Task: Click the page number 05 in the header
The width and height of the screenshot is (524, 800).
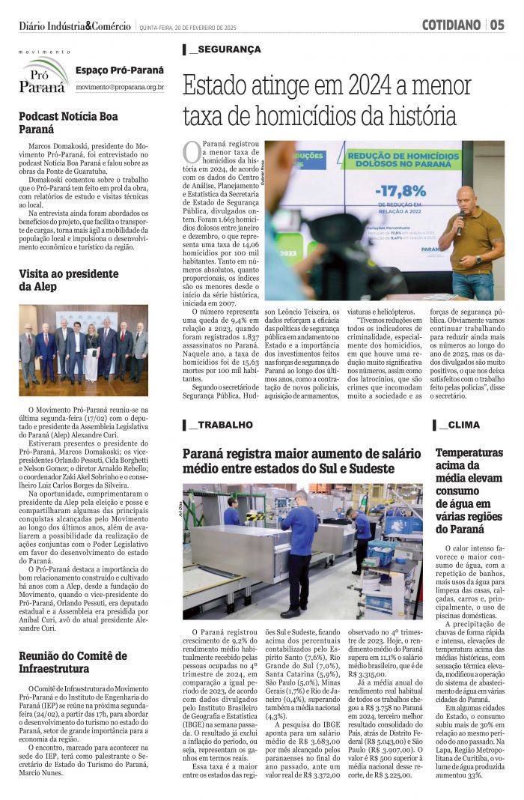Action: (498, 25)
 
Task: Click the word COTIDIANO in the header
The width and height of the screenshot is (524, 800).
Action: (451, 25)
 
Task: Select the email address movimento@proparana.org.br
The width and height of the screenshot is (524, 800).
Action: (120, 88)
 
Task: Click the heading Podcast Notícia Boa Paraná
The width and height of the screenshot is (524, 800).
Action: (68, 123)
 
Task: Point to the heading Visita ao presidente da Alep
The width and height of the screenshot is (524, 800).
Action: (69, 279)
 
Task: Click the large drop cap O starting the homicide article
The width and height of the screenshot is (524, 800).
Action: (192, 151)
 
